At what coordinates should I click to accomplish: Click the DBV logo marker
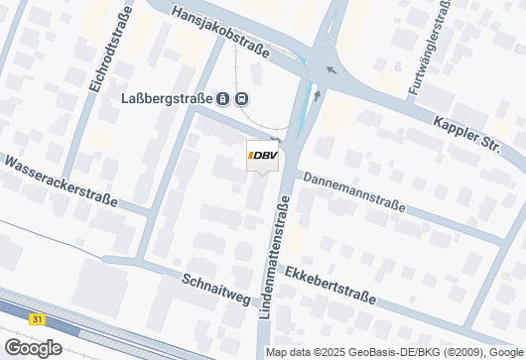point(263,156)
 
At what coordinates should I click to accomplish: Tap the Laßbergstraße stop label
point(167,99)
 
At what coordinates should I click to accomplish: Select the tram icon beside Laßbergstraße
point(224,99)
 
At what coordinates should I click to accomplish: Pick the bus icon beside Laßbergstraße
point(243,99)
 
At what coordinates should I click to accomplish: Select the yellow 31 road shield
point(37,319)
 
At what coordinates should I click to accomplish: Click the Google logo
point(32,348)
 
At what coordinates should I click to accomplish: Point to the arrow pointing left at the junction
point(330,70)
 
